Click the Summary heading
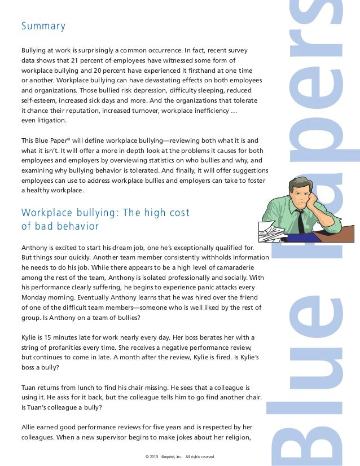pyautogui.click(x=43, y=26)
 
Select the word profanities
pyautogui.click(x=65, y=348)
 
